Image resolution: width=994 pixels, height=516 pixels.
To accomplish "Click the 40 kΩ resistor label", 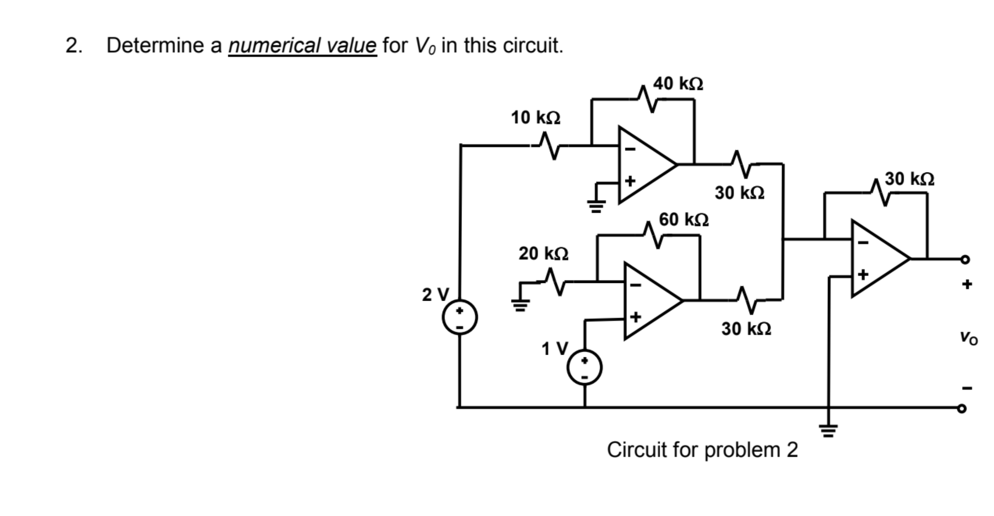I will coord(678,84).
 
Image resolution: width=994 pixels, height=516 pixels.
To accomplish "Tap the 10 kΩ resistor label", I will coord(535,118).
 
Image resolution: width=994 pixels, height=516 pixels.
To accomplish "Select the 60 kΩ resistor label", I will coord(683,219).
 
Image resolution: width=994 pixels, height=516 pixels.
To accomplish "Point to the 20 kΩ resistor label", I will coord(543,253).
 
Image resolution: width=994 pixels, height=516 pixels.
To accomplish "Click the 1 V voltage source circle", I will coord(584,367).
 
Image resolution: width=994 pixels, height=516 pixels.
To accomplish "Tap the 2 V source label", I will coord(435,295).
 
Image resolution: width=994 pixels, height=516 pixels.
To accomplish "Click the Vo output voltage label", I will coord(968,338).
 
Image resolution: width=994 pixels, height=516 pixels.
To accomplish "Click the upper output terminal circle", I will coord(965,259).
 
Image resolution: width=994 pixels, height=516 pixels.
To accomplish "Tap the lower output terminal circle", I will coord(962,409).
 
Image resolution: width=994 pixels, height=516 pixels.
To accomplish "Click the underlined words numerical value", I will coord(302,45).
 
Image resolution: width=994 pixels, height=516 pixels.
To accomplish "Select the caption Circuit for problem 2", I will coord(702,450).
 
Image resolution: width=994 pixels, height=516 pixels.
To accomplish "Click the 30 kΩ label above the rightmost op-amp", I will coord(909,179).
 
